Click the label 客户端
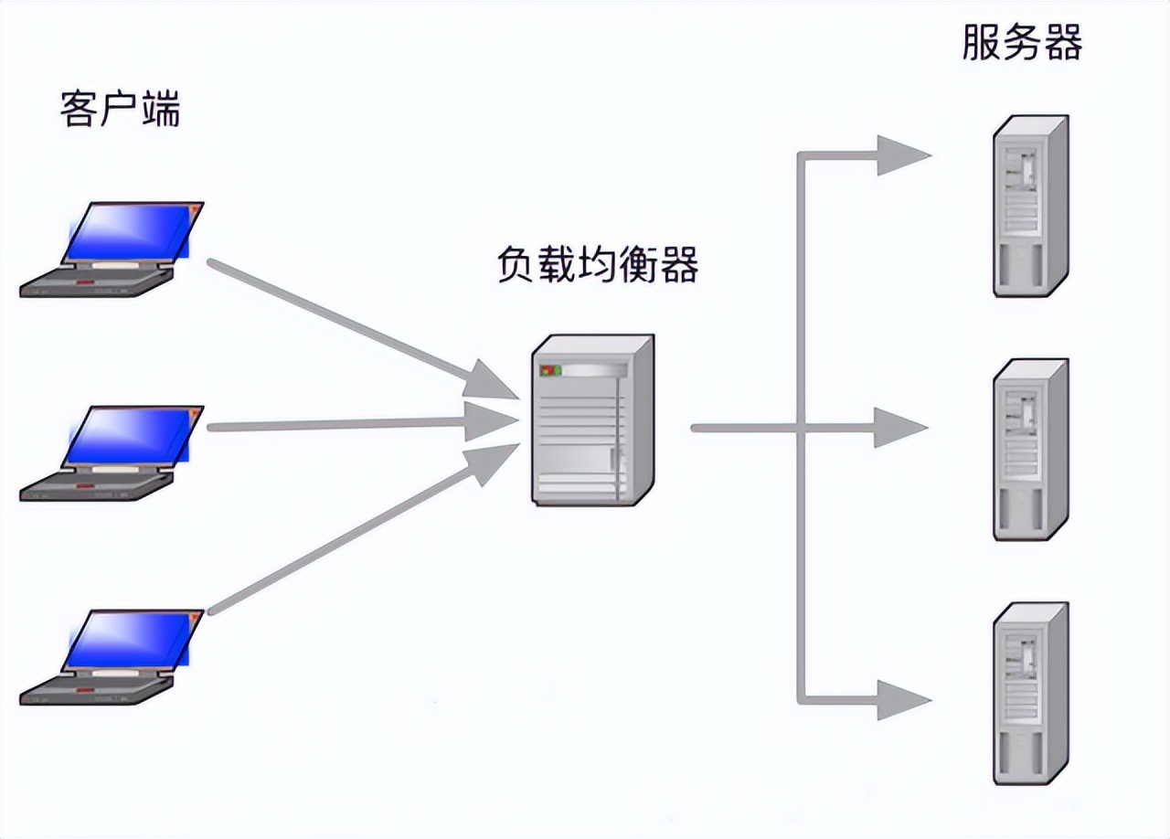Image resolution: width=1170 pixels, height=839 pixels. coord(120,109)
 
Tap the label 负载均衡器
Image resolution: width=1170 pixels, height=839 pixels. coord(598,264)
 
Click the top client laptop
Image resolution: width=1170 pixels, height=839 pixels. coord(112,250)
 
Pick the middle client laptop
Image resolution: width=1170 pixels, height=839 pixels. coord(112,453)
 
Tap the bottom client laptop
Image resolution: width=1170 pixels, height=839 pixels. coord(112,658)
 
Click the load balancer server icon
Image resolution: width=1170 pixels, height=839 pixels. coord(592,419)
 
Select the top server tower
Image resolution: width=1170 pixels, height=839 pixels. coord(1030,206)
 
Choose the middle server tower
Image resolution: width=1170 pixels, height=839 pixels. coord(1030,449)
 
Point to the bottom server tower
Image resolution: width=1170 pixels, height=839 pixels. coord(1030,693)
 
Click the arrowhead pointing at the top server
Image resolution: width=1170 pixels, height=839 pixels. coord(899,155)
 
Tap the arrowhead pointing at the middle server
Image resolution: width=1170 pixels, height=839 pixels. coord(898,428)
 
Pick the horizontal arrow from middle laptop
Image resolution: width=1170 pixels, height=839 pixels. coord(347,425)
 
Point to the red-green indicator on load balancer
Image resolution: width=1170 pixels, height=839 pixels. coord(549,371)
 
